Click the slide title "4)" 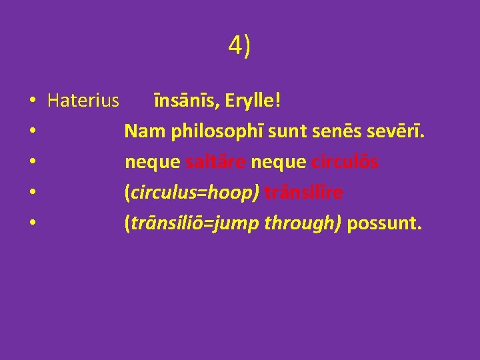[239, 47]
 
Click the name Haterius [83, 101]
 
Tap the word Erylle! [253, 101]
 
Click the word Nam [144, 132]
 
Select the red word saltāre [216, 163]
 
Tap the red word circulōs [345, 163]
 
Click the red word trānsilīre [304, 193]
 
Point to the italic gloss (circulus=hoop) [192, 193]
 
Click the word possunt [384, 224]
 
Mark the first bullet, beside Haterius [32, 102]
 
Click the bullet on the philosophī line [32, 133]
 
